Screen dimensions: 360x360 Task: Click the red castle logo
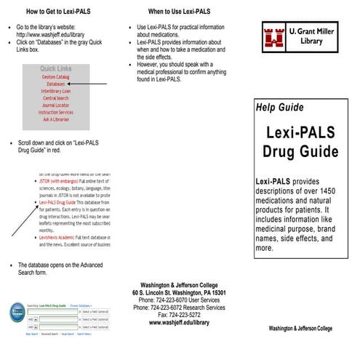(x=274, y=36)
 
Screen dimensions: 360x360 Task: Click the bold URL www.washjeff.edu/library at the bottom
(x=179, y=322)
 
